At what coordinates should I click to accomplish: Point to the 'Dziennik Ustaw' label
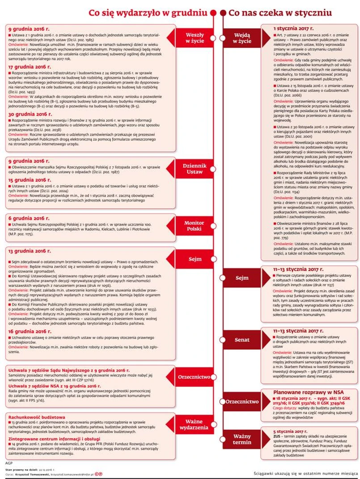point(195,168)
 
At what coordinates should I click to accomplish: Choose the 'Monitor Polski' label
point(195,226)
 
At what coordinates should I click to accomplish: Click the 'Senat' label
point(242,340)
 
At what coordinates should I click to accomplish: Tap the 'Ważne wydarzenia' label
point(195,426)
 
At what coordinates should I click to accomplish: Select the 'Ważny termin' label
point(242,439)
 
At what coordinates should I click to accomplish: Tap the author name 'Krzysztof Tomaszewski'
point(31,474)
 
